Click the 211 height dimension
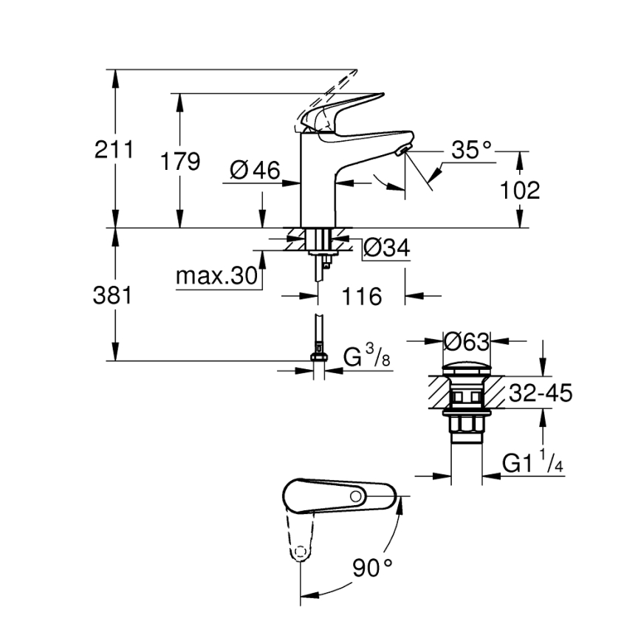pos(114,150)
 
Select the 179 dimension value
pos(181,161)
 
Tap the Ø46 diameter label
pos(255,171)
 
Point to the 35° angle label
pos(471,151)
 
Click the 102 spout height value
pos(520,191)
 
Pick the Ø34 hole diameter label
pos(386,248)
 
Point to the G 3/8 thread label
pos(367,358)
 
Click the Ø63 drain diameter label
pos(467,341)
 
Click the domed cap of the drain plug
pos(466,367)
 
